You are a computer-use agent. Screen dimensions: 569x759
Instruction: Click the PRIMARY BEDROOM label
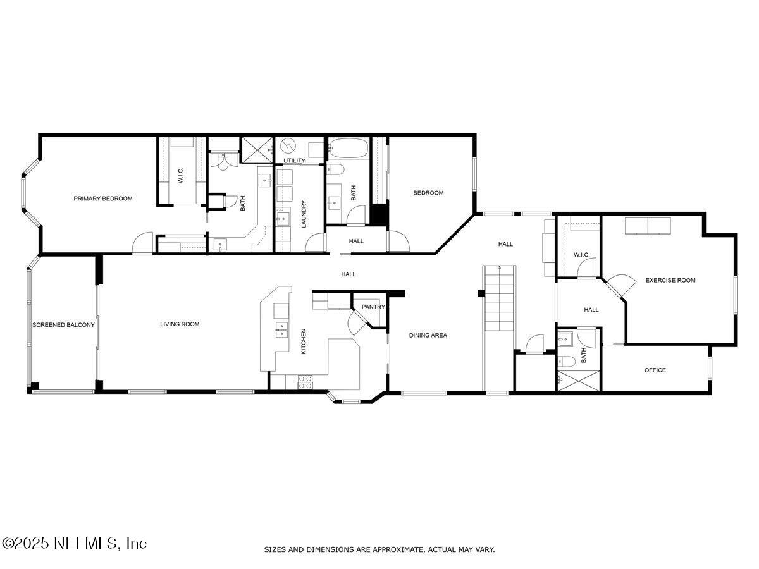(103, 199)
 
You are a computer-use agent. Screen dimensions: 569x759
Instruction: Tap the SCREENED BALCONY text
(63, 325)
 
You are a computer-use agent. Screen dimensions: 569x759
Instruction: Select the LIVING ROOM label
(180, 324)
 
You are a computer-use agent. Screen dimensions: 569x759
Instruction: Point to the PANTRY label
(373, 307)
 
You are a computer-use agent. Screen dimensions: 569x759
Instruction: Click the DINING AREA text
(428, 336)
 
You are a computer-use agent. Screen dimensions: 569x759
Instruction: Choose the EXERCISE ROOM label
(670, 280)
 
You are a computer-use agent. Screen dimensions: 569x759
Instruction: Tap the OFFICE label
(655, 370)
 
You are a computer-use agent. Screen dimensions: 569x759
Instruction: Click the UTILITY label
(294, 161)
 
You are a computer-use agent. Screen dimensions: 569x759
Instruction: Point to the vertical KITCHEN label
(304, 341)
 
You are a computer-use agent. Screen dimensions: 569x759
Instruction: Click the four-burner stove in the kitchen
(305, 381)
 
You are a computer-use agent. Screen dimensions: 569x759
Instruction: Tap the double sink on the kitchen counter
(279, 327)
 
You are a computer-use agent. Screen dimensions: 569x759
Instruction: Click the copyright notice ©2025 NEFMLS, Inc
(74, 543)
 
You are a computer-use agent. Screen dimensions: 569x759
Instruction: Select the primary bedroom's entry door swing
(143, 243)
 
